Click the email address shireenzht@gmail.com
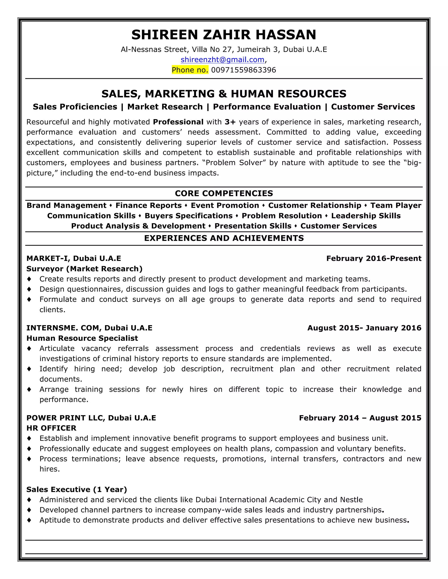(x=222, y=60)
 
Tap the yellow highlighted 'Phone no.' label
(x=190, y=70)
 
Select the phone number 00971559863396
(x=243, y=70)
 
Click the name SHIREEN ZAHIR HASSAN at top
(x=224, y=35)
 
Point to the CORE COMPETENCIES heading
(x=224, y=193)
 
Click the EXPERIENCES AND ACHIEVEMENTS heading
(x=224, y=238)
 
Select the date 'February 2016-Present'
(x=374, y=258)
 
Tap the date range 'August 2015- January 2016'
(x=364, y=328)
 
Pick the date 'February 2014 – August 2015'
(x=360, y=418)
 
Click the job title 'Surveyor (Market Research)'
(x=84, y=269)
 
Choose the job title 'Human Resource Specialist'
(x=82, y=338)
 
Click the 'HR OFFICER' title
(x=51, y=428)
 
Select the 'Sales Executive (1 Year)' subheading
(x=77, y=489)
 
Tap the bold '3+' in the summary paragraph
(x=230, y=122)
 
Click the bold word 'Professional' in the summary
(x=178, y=122)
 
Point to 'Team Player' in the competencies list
(x=396, y=205)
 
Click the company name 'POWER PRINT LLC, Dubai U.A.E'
(x=91, y=418)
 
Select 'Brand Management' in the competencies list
(x=66, y=205)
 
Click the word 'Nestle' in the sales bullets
(x=351, y=500)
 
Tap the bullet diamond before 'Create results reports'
(x=29, y=279)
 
